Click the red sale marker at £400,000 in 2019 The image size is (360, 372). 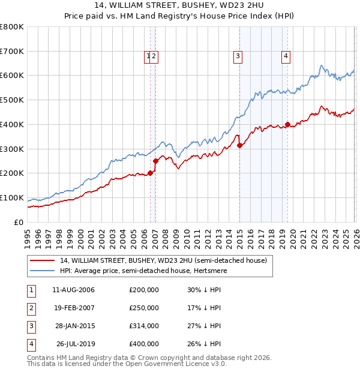[x=287, y=125]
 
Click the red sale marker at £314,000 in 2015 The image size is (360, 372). [x=239, y=145]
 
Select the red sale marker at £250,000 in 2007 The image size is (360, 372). [x=155, y=161]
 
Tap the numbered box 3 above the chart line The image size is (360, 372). [x=238, y=57]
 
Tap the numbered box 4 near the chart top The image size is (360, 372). [x=286, y=57]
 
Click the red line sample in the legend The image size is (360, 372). [x=42, y=260]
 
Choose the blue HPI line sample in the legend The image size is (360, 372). [x=42, y=271]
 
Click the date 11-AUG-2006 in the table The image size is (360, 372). [x=73, y=290]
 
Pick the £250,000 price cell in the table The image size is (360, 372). [x=144, y=308]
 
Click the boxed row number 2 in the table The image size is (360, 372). [x=30, y=308]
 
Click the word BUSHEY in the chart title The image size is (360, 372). [x=149, y=5]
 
